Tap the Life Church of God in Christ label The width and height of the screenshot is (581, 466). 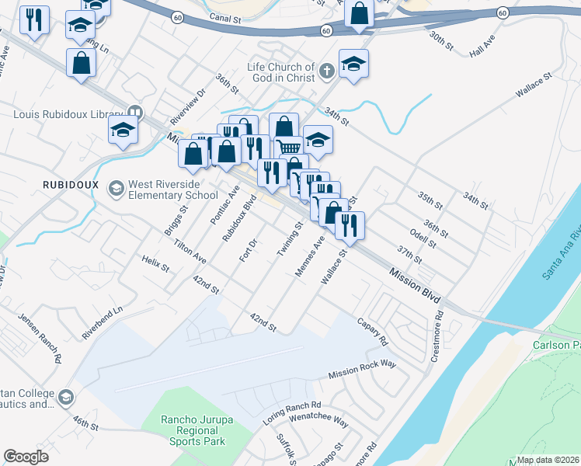(281, 72)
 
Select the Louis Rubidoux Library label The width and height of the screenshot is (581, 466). (68, 114)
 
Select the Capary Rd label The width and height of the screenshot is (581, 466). (372, 331)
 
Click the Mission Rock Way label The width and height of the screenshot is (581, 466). (362, 370)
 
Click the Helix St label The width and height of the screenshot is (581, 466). (155, 263)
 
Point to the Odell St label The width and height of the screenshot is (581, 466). (423, 237)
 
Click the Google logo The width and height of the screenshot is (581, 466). (26, 457)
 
